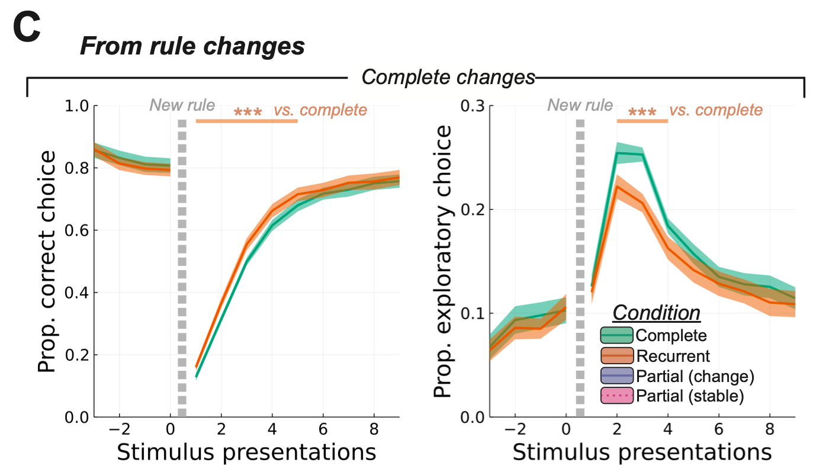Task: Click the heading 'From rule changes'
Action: coord(192,46)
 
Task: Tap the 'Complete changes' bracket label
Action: coord(448,77)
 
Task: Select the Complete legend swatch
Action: coord(616,336)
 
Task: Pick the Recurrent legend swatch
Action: coord(616,356)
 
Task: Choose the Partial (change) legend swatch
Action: coord(616,376)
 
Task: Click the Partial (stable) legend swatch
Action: coord(616,396)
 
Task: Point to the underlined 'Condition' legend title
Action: coord(656,313)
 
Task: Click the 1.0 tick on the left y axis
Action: coord(78,106)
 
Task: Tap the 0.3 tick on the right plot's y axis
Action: coord(473,106)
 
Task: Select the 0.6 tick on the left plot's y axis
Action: coord(78,230)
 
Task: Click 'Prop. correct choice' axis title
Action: coord(48,261)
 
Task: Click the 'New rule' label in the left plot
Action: coord(182,106)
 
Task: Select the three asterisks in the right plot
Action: coord(642,112)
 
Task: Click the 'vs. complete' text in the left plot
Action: coord(320,110)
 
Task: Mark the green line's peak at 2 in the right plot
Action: coord(617,153)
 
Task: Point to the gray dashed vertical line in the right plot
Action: coord(580,267)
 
